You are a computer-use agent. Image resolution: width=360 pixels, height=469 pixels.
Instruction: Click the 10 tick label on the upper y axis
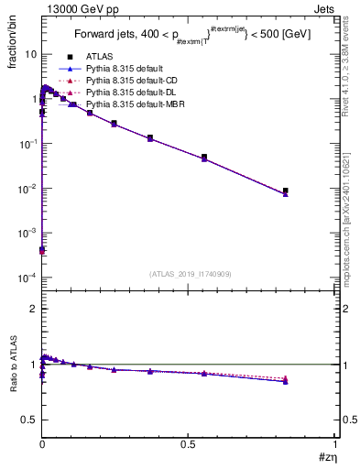pyautogui.click(x=30, y=54)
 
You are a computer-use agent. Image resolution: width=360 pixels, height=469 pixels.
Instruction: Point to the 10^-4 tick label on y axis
pyautogui.click(x=28, y=278)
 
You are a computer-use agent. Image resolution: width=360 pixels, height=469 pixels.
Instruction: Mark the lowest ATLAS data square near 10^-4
pyautogui.click(x=42, y=249)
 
